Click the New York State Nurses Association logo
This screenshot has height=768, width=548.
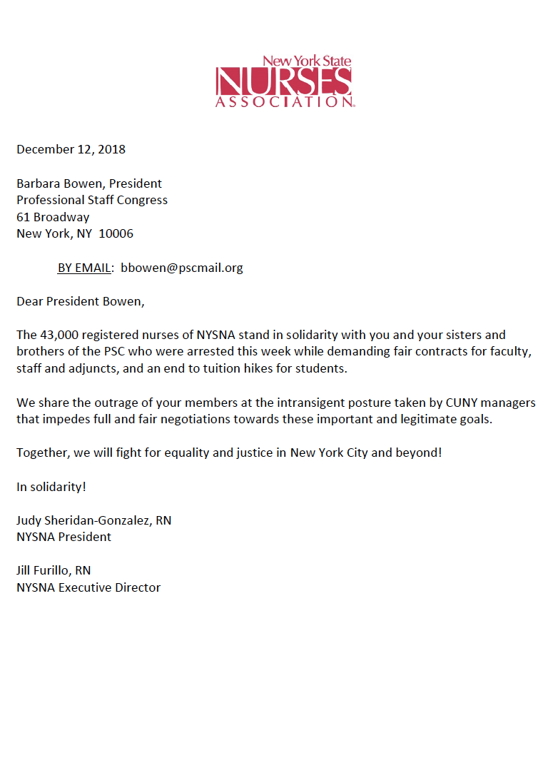[284, 82]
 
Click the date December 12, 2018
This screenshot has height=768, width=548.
[71, 149]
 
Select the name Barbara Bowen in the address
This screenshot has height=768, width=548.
[59, 183]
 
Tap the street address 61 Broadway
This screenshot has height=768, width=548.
[53, 217]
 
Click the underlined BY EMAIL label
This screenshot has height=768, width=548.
[84, 268]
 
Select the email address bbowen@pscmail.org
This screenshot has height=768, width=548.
[182, 268]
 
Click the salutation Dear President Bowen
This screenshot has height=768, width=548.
[80, 301]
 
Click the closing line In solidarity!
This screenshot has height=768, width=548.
[51, 487]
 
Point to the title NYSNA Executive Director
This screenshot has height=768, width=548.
[88, 587]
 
